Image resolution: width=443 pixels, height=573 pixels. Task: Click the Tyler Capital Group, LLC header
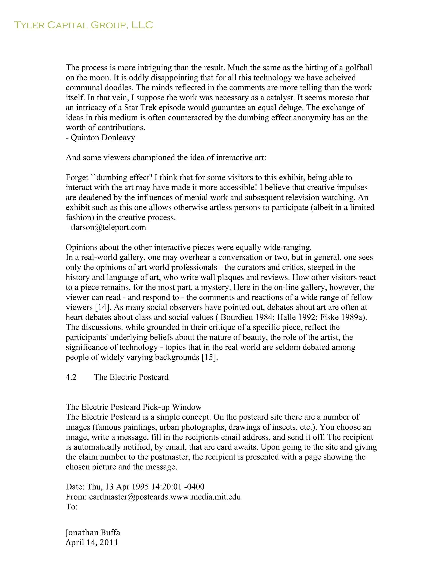[83, 25]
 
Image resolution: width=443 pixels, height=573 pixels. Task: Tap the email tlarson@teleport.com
[108, 227]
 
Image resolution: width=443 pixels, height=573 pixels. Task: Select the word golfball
[358, 68]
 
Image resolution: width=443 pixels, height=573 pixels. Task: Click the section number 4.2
[71, 377]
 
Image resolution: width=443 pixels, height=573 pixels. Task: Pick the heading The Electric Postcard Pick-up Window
[134, 407]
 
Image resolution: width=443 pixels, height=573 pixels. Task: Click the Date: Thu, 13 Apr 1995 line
[135, 487]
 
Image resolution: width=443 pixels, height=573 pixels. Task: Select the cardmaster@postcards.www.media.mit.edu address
[165, 497]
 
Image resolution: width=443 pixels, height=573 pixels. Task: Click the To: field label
[72, 507]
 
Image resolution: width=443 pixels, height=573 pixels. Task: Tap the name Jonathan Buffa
[93, 533]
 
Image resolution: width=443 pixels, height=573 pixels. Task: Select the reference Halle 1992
[296, 317]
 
